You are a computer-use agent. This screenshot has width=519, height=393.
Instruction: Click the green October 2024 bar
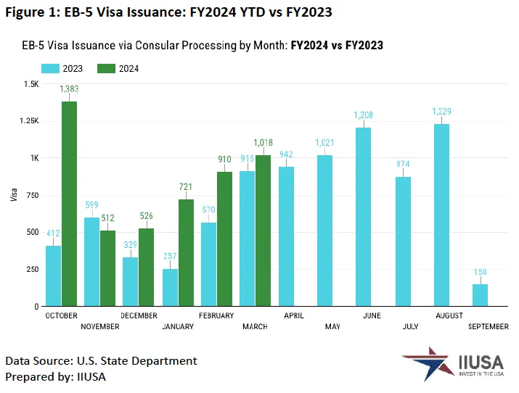tap(70, 204)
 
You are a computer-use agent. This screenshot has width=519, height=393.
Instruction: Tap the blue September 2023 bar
tap(480, 295)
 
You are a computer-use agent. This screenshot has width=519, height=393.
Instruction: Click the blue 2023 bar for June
tap(364, 217)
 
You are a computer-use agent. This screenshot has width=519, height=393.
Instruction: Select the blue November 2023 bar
tap(92, 262)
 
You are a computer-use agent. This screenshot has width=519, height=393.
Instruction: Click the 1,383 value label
tap(70, 88)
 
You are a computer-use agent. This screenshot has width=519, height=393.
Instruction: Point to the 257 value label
tap(170, 257)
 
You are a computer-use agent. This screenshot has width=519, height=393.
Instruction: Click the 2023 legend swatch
tap(50, 69)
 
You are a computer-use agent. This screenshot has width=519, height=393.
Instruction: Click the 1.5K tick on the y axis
tap(31, 84)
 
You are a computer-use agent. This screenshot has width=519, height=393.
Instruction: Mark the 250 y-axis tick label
tap(32, 270)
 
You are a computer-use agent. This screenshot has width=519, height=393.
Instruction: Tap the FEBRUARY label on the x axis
tap(216, 316)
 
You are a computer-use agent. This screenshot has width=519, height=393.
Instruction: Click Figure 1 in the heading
tap(30, 13)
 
